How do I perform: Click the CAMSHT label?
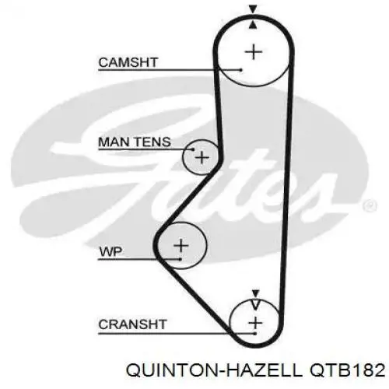128,62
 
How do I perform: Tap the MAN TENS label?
135,142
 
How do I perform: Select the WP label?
110,252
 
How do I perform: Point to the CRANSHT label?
132,324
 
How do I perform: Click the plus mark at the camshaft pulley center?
254,52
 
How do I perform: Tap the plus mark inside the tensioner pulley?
202,157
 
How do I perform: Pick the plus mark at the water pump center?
181,245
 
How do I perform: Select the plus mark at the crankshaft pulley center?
256,323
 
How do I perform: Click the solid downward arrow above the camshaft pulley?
253,9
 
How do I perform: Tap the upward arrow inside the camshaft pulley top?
254,25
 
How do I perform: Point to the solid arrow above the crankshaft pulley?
256,293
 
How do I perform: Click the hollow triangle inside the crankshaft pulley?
256,305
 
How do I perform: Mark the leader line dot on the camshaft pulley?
241,70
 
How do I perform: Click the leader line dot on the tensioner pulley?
193,149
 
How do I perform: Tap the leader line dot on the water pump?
180,259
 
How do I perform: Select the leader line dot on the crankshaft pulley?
255,333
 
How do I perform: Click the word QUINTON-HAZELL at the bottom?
214,370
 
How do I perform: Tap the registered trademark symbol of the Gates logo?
370,205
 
